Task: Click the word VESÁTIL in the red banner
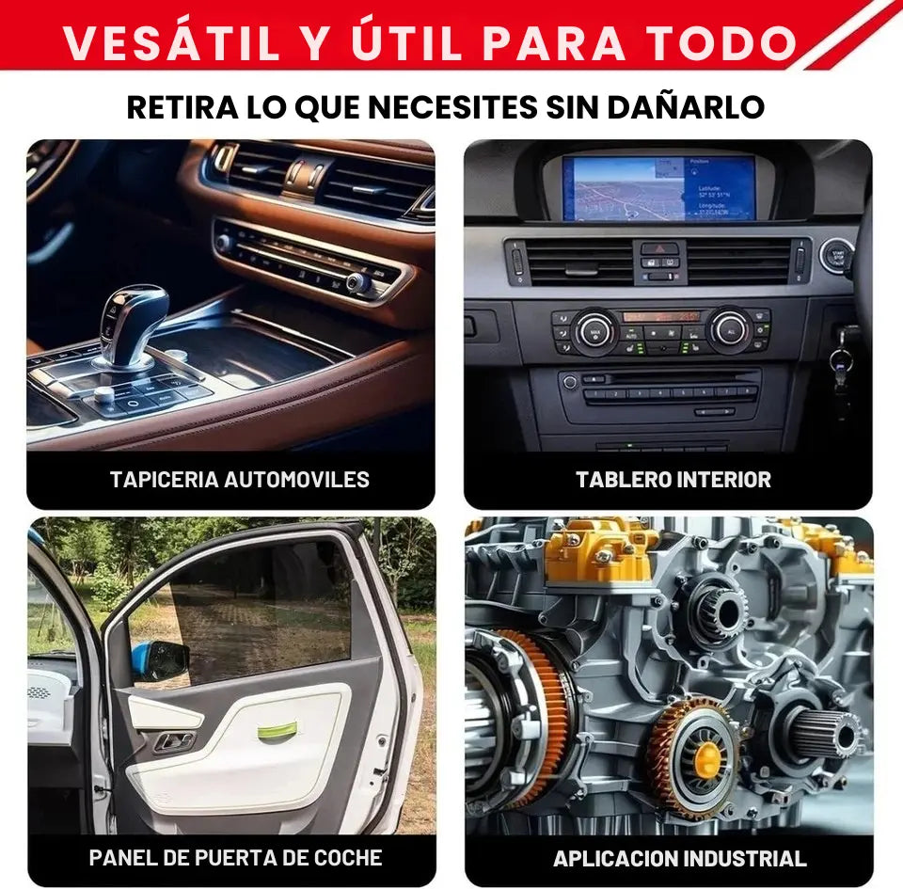(171, 43)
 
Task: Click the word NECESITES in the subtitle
(452, 107)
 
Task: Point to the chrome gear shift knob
(132, 326)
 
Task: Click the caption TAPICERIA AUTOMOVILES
(240, 480)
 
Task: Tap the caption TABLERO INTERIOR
(673, 480)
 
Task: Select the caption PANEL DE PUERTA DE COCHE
(235, 858)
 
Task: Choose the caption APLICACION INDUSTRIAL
(679, 859)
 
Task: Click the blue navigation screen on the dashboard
(658, 188)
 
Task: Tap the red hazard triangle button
(659, 248)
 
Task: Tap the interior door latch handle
(173, 741)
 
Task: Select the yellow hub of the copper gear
(707, 759)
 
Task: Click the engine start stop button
(836, 257)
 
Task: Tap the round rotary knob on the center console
(104, 395)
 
